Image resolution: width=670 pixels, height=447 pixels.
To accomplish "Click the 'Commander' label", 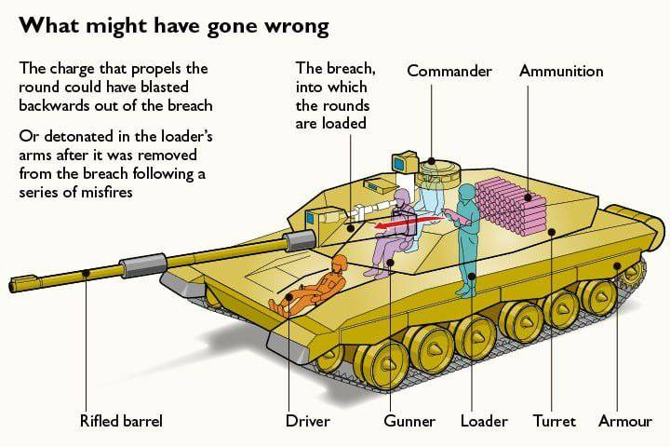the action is click(449, 71).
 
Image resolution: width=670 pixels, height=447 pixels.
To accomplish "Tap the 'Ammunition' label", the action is click(561, 71).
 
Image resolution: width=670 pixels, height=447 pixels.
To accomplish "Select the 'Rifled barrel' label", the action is click(121, 421).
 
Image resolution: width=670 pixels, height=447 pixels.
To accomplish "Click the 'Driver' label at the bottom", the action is click(308, 421).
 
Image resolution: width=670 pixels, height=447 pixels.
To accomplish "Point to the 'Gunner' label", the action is click(409, 421).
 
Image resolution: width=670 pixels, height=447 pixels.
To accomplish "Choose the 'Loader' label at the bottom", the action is click(484, 421).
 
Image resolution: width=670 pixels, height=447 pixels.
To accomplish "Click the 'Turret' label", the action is click(555, 421).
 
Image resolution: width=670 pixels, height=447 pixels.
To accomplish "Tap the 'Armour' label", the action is click(625, 421).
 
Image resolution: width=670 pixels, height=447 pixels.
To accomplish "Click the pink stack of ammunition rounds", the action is click(511, 207).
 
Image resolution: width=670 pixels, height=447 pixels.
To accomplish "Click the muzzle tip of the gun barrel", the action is click(10, 285).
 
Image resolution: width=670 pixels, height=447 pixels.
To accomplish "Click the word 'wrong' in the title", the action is click(297, 26).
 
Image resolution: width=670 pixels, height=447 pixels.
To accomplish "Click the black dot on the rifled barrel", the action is click(87, 273).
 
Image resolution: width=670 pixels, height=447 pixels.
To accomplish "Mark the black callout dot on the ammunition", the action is click(529, 197).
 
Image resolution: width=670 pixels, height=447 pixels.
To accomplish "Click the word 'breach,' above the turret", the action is click(351, 68).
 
